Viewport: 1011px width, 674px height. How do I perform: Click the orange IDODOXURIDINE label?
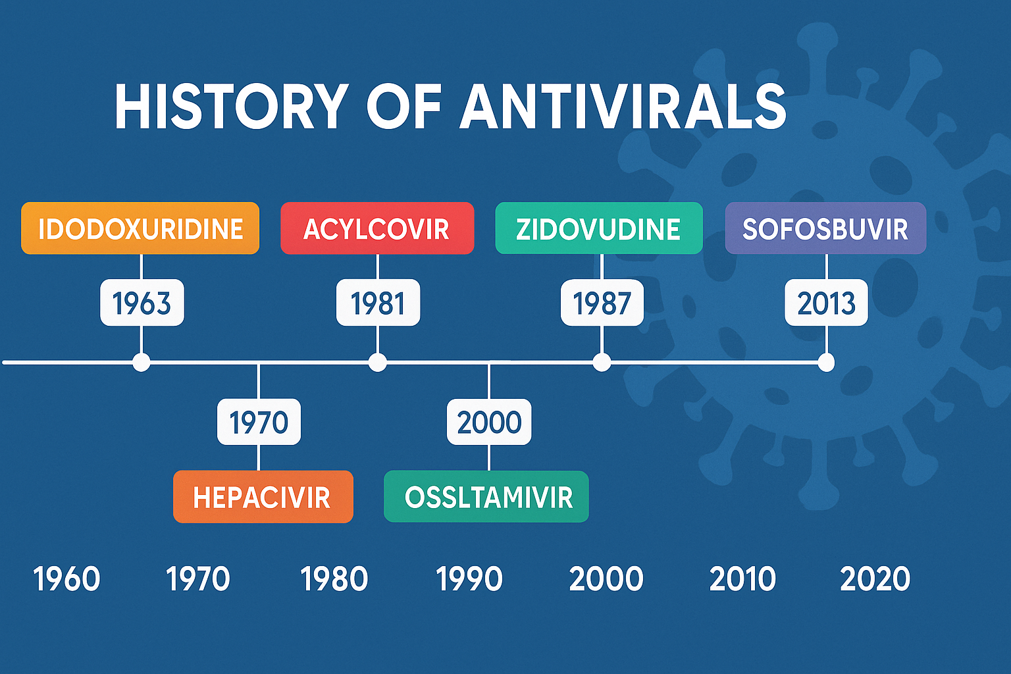[140, 228]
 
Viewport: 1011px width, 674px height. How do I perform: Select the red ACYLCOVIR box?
[377, 228]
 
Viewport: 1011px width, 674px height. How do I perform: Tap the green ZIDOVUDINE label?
[599, 228]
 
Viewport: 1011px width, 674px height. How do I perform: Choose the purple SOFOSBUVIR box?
[825, 228]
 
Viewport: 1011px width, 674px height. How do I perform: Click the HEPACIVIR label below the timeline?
[263, 496]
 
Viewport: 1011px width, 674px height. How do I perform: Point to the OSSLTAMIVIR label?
[486, 496]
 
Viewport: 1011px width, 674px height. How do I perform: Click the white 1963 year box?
[142, 303]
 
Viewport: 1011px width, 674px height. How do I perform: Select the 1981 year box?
[378, 303]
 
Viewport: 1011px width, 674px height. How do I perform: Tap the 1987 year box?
[602, 303]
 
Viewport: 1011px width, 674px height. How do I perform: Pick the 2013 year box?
[827, 303]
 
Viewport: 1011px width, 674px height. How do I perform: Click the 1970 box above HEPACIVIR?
[259, 422]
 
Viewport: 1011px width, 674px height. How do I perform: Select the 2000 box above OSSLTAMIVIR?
[489, 422]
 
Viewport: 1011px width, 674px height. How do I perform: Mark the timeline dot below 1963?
[142, 363]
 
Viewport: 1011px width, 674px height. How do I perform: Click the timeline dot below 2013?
[827, 363]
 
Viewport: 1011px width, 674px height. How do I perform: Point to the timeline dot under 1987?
[602, 363]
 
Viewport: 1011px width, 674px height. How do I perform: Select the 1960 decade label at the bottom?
[66, 579]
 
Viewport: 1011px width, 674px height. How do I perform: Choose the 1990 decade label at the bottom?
[469, 579]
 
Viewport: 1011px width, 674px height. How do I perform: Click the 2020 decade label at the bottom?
[875, 579]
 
